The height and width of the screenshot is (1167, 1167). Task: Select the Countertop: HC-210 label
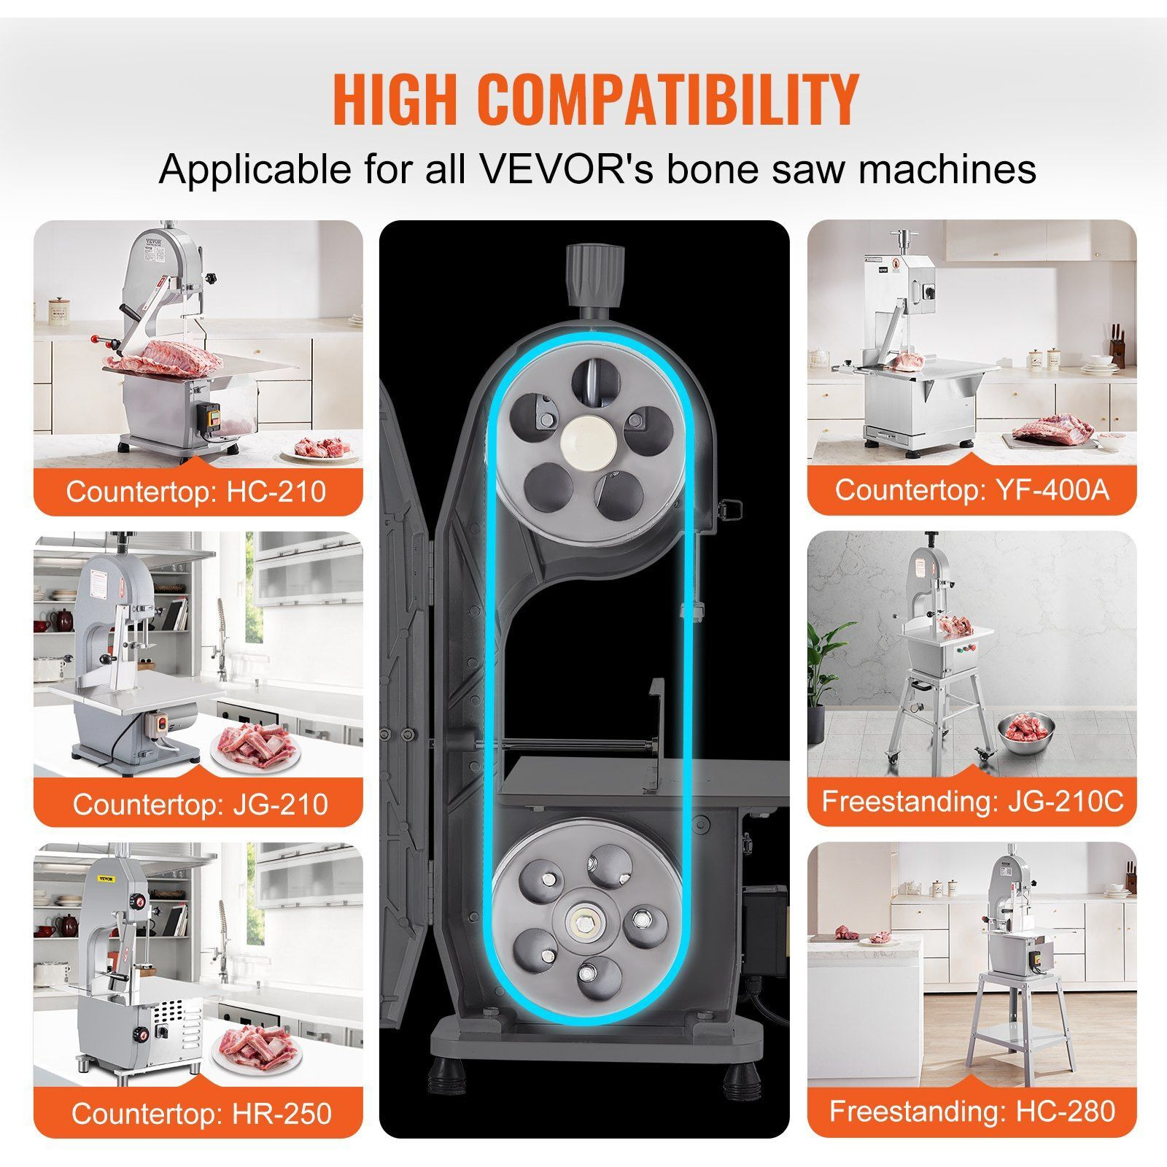point(196,491)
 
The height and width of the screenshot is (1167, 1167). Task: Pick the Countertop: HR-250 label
point(201,1114)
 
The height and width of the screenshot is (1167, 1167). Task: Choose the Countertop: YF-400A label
point(972,489)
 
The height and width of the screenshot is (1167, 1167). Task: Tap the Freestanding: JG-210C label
point(973,802)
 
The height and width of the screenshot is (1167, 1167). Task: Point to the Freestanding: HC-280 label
point(972,1112)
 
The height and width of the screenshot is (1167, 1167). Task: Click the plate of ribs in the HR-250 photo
point(255,1050)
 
